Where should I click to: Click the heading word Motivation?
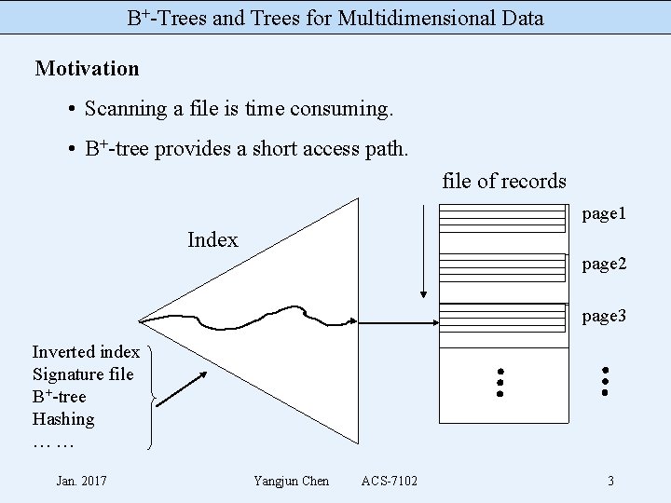87,69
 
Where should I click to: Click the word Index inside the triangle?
212,239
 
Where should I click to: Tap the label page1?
604,214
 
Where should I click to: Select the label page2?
604,265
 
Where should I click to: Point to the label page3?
604,317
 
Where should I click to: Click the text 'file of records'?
504,181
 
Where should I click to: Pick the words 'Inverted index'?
86,352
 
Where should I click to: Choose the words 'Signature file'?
83,374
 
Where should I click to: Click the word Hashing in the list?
63,419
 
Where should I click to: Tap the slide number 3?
610,482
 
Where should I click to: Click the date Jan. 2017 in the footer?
81,481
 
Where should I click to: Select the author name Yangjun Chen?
291,481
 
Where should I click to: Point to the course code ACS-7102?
390,481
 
